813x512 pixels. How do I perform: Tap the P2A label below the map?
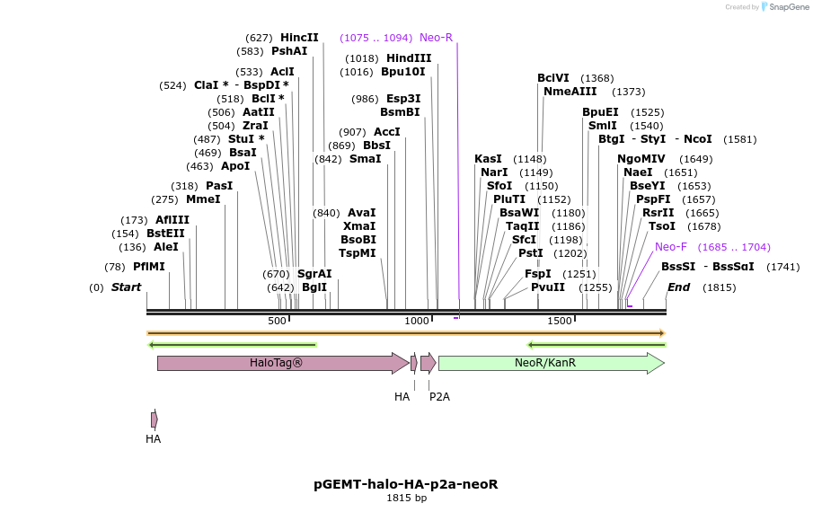(x=439, y=396)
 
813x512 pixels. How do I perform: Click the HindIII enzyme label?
(x=409, y=58)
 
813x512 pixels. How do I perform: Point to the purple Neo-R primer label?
(x=436, y=38)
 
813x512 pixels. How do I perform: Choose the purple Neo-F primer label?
(x=671, y=247)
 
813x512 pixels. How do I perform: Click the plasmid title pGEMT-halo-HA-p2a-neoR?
(x=406, y=484)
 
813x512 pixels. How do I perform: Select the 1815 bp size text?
(x=406, y=499)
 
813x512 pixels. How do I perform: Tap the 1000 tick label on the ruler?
(x=417, y=321)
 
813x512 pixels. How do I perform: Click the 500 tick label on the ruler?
(x=277, y=321)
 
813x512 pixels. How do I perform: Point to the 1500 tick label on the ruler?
(x=560, y=321)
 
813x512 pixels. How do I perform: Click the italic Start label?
(x=127, y=287)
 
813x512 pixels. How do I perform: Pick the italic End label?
(x=679, y=287)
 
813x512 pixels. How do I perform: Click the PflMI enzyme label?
(x=149, y=267)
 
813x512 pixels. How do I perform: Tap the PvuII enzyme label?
(x=548, y=287)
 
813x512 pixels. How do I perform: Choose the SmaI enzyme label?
(x=365, y=159)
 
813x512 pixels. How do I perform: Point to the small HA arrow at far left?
(x=155, y=419)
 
